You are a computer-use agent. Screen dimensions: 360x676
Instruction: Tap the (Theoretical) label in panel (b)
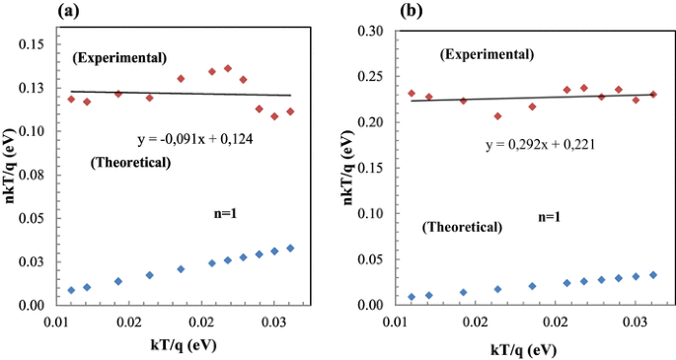coord(463,227)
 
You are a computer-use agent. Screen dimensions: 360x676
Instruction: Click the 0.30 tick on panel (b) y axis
coord(373,31)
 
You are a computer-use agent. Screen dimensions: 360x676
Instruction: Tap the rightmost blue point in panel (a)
coord(290,249)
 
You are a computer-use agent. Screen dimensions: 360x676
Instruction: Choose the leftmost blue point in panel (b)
coord(412,297)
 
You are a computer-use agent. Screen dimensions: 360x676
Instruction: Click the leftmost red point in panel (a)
coord(71,99)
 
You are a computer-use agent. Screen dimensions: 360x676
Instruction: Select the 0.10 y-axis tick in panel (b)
coord(373,214)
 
